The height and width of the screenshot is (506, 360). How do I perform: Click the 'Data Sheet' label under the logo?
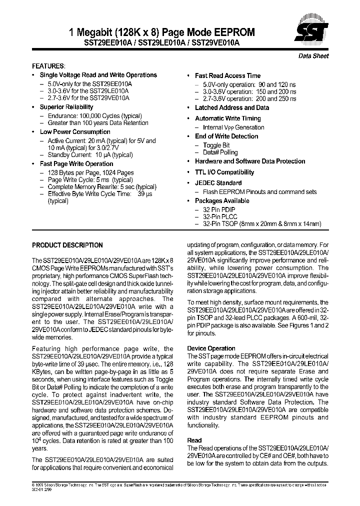(x=313, y=56)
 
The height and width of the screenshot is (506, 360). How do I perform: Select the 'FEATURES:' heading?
(x=48, y=66)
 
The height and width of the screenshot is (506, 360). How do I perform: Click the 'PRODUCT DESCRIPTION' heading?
(x=67, y=245)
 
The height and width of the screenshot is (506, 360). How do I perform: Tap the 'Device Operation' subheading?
(x=211, y=348)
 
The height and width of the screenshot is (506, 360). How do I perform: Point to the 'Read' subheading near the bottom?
(x=194, y=440)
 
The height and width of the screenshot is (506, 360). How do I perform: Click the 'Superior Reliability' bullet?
(x=66, y=107)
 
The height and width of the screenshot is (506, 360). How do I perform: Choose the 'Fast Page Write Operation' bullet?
(x=76, y=164)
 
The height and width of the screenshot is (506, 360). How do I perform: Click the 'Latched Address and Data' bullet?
(x=232, y=107)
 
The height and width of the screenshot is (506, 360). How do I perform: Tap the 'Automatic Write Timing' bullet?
(x=228, y=118)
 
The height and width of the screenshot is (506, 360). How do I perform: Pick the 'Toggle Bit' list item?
(x=216, y=145)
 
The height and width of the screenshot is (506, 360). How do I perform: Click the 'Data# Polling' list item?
(x=220, y=152)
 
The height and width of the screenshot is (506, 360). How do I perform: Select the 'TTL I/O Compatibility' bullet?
(x=224, y=172)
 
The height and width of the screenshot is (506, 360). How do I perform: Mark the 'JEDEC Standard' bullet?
(x=218, y=183)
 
